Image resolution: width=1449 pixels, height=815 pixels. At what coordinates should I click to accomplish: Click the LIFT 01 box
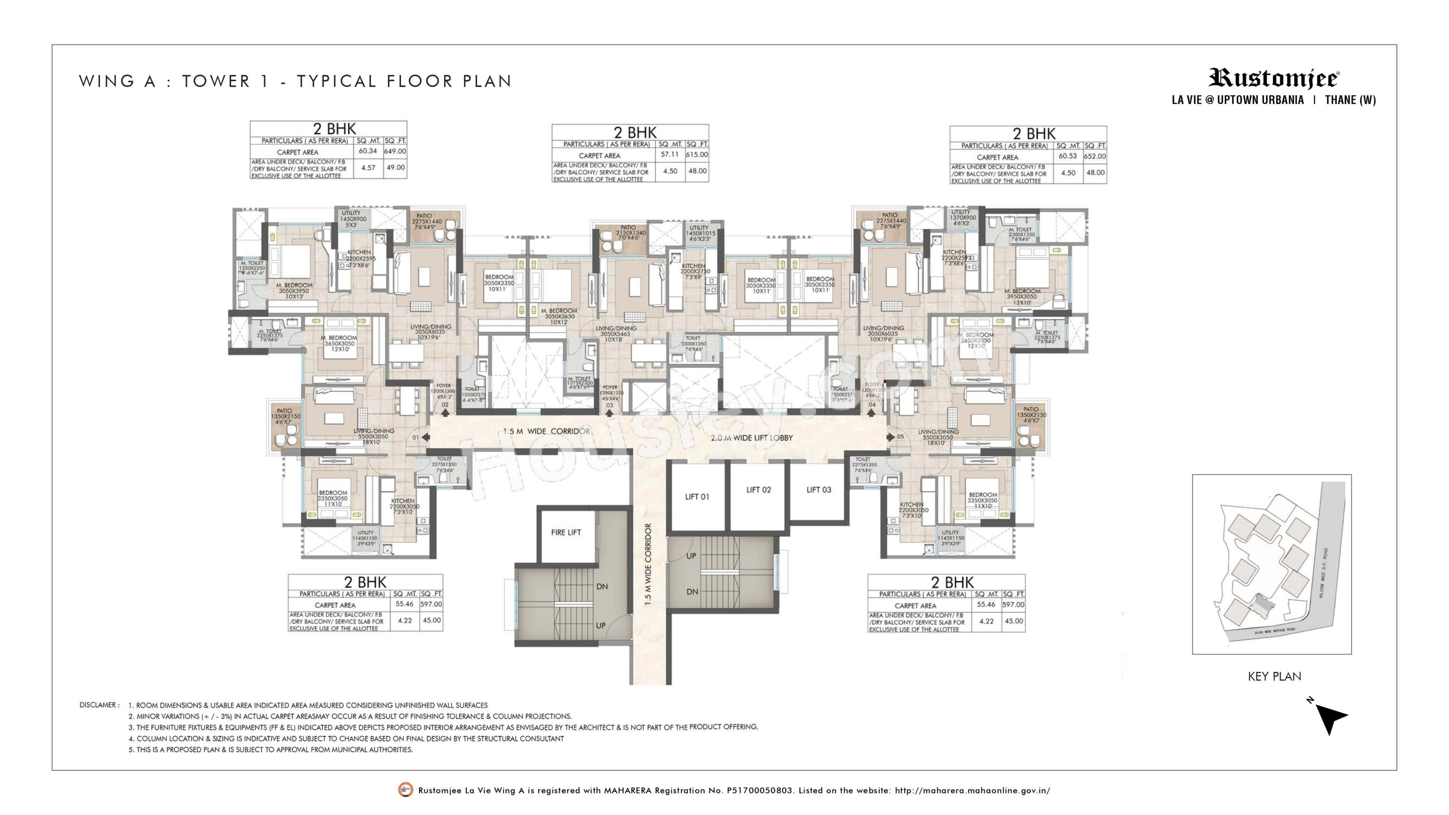pos(697,497)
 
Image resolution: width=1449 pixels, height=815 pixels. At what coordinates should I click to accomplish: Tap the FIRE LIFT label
pos(566,532)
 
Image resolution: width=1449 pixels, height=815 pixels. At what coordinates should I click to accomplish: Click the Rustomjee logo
pos(1274,78)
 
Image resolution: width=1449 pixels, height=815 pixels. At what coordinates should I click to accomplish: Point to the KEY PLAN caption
pos(1274,676)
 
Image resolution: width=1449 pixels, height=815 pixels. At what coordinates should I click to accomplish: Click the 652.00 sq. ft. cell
pos(1094,156)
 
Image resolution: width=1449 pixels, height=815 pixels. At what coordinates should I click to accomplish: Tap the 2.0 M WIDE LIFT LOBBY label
pos(752,438)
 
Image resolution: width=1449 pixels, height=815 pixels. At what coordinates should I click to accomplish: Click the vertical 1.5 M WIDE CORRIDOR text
pos(648,564)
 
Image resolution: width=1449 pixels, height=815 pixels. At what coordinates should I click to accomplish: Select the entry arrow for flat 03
pos(610,412)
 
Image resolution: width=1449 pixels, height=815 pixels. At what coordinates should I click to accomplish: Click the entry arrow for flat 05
pos(891,437)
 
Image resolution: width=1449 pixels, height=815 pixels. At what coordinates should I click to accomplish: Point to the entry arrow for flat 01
pos(426,437)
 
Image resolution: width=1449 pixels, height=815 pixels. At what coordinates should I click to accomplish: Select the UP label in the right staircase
pos(691,556)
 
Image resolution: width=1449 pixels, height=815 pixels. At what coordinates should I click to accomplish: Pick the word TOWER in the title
pos(216,82)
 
